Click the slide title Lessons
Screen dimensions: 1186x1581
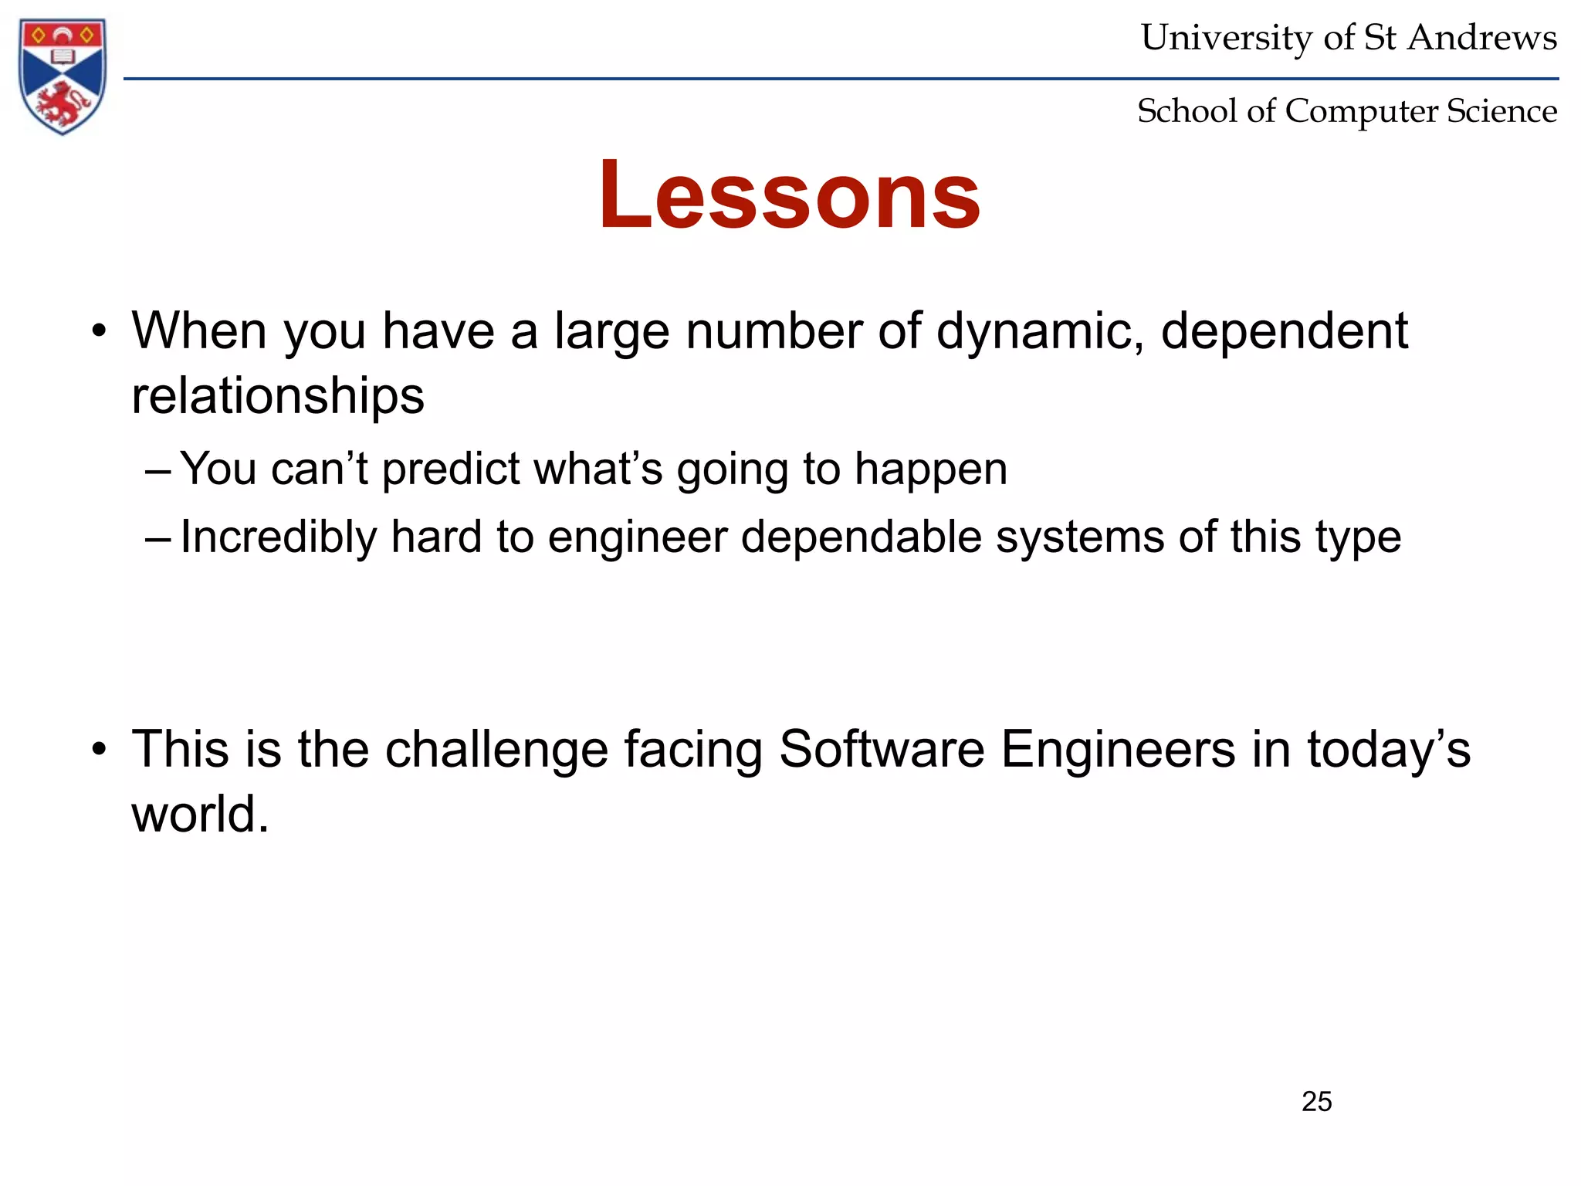[789, 194]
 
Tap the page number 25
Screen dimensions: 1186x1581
[1316, 1101]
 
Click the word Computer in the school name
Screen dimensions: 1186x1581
[1363, 111]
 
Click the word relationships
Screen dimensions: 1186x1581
[278, 395]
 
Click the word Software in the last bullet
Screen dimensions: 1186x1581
[882, 749]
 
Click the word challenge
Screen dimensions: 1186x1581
[496, 749]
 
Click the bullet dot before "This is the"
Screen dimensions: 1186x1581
[98, 750]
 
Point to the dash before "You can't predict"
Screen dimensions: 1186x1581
[157, 470]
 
